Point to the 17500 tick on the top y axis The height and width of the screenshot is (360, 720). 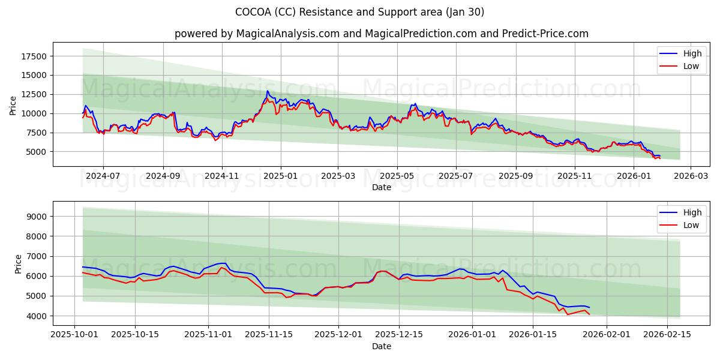coord(34,56)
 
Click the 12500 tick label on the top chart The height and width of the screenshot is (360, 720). coord(34,94)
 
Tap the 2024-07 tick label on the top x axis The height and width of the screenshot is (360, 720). coord(103,176)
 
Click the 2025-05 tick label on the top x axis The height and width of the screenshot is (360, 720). coord(397,176)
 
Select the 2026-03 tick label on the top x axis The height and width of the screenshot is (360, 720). coord(690,176)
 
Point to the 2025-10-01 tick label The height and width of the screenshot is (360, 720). coord(74,335)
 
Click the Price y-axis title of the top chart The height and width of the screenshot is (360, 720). coord(13,104)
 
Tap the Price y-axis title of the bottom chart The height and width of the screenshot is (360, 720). coord(18,263)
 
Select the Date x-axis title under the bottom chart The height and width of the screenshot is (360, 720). coord(382,346)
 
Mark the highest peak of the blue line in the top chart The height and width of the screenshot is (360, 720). coord(268,91)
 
